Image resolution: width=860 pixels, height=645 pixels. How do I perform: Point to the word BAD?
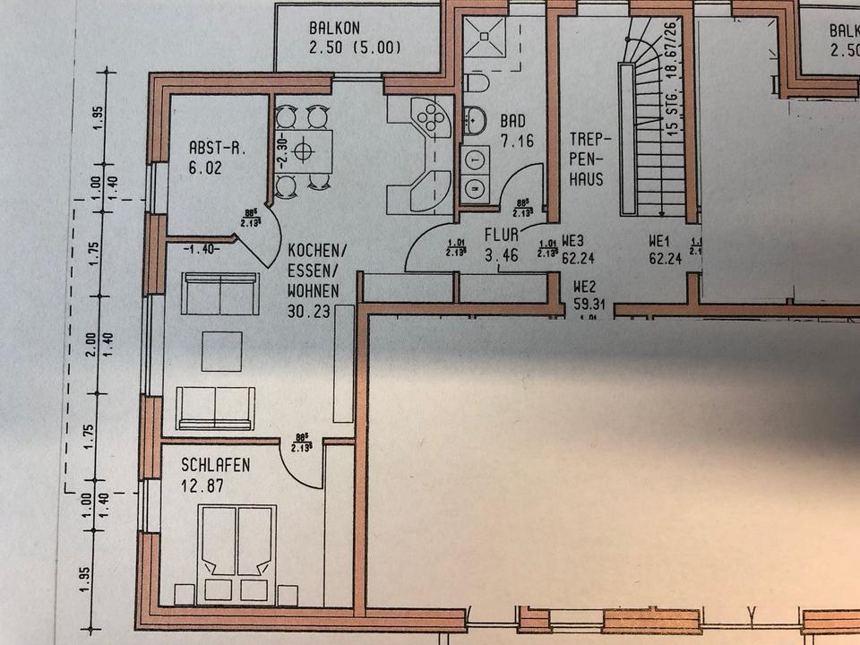(x=512, y=121)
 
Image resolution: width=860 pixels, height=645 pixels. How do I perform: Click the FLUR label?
(x=500, y=238)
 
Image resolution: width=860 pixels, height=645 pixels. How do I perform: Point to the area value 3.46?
(x=500, y=258)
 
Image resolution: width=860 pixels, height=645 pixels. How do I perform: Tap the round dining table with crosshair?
(x=305, y=150)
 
